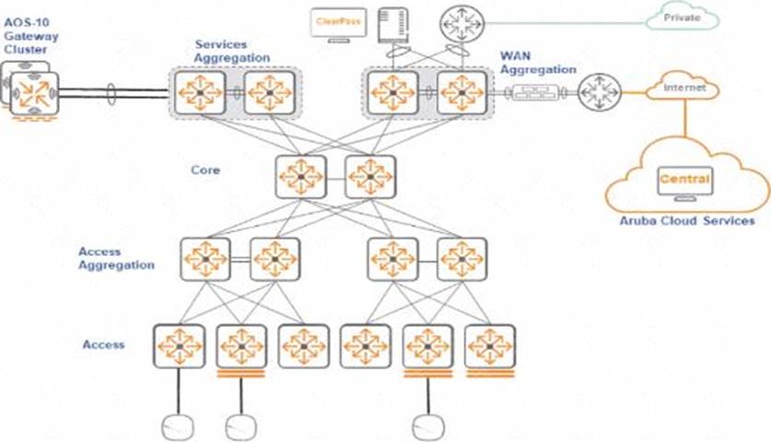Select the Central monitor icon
pyautogui.click(x=683, y=180)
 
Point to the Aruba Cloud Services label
pyautogui.click(x=688, y=222)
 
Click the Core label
pyautogui.click(x=204, y=170)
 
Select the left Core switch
pyautogui.click(x=300, y=176)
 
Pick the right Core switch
pyautogui.click(x=370, y=176)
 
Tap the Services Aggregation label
pyautogui.click(x=232, y=51)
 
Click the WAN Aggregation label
pyautogui.click(x=538, y=63)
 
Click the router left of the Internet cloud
pyautogui.click(x=601, y=91)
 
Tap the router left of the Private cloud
pyautogui.click(x=460, y=22)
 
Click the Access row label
pyautogui.click(x=103, y=344)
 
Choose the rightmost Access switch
pyautogui.click(x=489, y=346)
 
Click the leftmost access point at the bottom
pyautogui.click(x=178, y=426)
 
